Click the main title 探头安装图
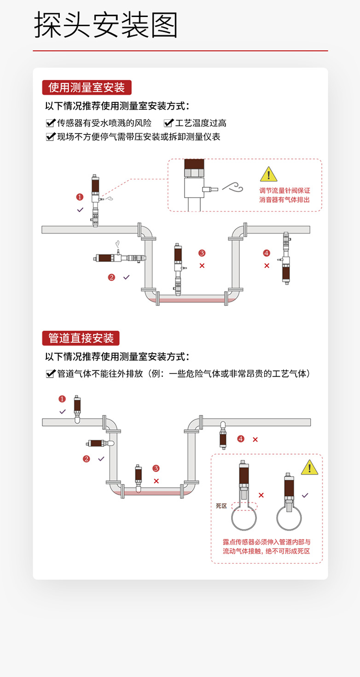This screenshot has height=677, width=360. pyautogui.click(x=106, y=25)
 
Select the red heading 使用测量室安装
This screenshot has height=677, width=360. pyautogui.click(x=87, y=88)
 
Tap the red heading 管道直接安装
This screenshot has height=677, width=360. pyautogui.click(x=81, y=338)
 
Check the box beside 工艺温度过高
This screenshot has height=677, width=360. pyautogui.click(x=168, y=123)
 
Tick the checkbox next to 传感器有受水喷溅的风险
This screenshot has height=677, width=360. pyautogui.click(x=51, y=123)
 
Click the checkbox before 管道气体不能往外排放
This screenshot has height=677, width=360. pyautogui.click(x=51, y=374)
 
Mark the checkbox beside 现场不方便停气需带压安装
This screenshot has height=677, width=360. pyautogui.click(x=51, y=137)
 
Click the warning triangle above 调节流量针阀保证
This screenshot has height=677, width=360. pyautogui.click(x=268, y=174)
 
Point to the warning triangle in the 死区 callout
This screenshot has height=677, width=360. pyautogui.click(x=309, y=467)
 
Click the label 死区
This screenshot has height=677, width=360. pyautogui.click(x=221, y=506)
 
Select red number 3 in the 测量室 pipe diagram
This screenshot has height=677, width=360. pyautogui.click(x=202, y=253)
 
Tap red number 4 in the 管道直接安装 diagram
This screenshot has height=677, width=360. pyautogui.click(x=240, y=439)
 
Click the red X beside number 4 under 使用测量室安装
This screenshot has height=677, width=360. pyautogui.click(x=267, y=265)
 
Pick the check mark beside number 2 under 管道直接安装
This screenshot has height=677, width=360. pyautogui.click(x=101, y=459)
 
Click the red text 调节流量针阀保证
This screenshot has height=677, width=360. pyautogui.click(x=285, y=190)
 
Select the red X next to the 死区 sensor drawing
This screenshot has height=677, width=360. pyautogui.click(x=261, y=495)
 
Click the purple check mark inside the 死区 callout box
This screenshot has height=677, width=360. pyautogui.click(x=305, y=495)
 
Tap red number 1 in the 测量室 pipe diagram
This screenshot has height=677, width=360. pyautogui.click(x=80, y=197)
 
